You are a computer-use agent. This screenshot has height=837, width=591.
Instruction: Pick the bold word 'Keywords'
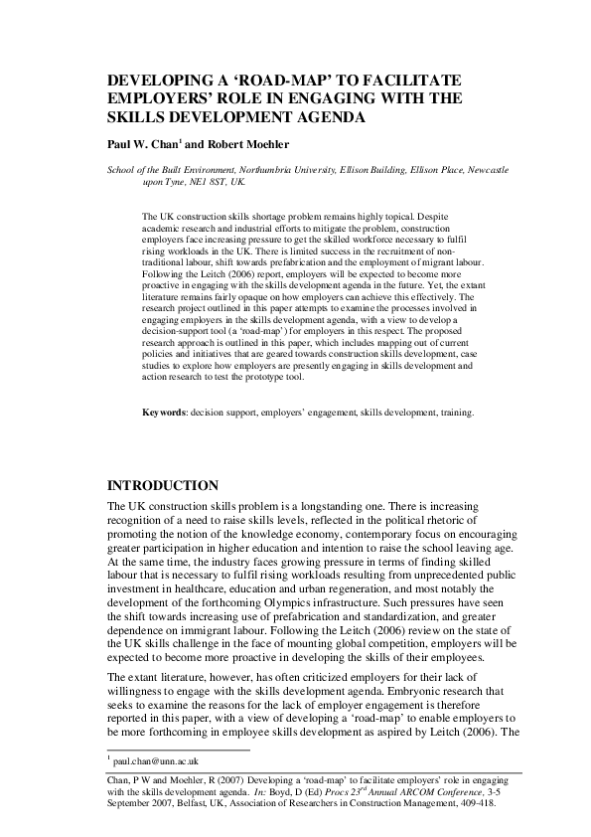(164, 438)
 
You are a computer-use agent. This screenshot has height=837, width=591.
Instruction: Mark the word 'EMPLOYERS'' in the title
(155, 98)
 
